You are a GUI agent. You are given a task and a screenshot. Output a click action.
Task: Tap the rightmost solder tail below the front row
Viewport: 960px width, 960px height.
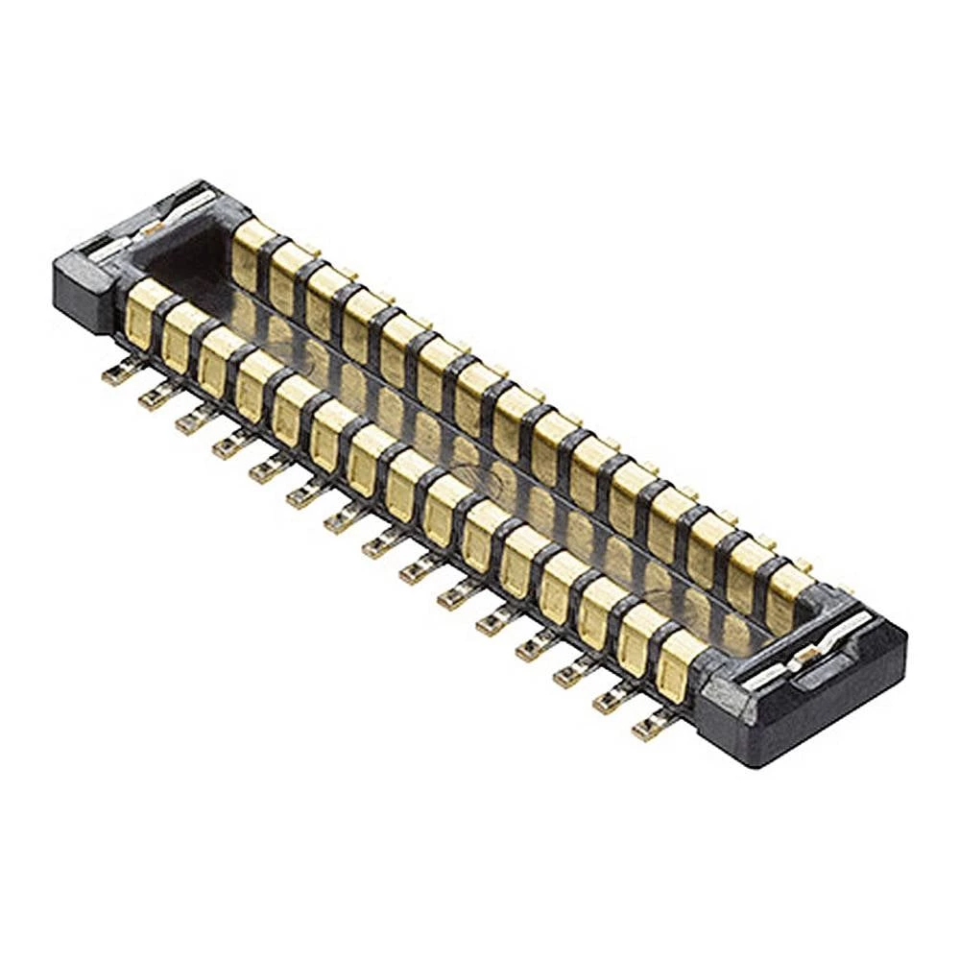(x=649, y=730)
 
